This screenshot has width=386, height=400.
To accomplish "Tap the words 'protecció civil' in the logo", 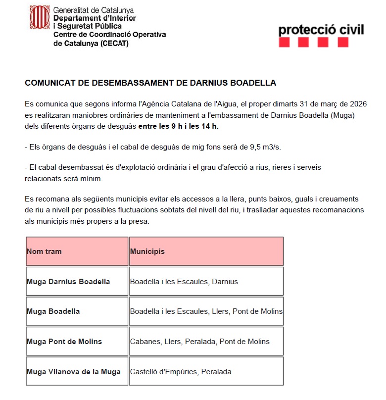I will point(321,29).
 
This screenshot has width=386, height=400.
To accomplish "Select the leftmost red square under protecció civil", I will point(284,43).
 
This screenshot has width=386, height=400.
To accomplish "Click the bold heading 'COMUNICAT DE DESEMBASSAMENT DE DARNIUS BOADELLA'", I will point(150,83).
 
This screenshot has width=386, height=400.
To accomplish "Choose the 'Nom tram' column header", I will point(45,251).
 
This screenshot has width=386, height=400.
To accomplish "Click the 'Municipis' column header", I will point(147,251).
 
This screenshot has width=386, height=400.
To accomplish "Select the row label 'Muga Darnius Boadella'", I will point(68,282).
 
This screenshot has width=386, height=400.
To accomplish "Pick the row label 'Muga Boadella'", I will point(53,311).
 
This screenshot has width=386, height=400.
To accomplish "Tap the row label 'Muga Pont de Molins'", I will point(64,342).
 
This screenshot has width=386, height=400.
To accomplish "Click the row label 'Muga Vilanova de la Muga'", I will point(74,371).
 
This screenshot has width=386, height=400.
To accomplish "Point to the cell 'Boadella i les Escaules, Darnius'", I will point(184,282).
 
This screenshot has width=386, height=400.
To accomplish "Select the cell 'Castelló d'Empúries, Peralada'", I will point(181,371).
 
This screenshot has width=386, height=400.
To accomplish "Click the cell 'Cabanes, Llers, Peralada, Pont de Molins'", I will point(200,342).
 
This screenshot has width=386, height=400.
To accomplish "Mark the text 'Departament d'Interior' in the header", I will point(95,18).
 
